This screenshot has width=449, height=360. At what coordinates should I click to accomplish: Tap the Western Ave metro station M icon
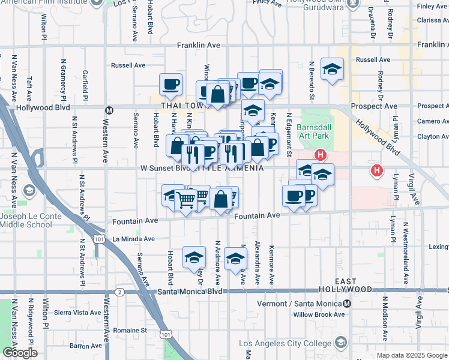[109, 110]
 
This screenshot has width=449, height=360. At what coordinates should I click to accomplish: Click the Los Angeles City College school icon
[341, 343]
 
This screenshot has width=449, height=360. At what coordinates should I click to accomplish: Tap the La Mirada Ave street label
[133, 239]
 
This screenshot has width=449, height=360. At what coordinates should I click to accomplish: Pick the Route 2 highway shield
[120, 292]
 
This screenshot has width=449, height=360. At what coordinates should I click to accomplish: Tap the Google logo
[20, 353]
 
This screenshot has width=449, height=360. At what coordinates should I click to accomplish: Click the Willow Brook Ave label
[319, 314]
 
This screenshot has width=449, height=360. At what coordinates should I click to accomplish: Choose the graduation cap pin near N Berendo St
[331, 70]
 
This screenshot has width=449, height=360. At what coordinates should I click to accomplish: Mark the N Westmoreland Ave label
[405, 245]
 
